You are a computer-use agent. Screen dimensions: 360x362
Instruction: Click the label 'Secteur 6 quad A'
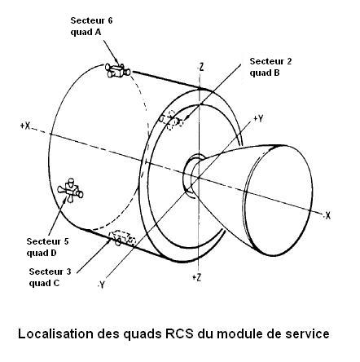click(91, 26)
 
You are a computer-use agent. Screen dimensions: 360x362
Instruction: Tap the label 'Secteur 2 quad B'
click(270, 67)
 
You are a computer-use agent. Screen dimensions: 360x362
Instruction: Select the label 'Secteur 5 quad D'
click(47, 247)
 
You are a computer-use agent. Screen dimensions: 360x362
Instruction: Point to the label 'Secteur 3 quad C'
click(50, 277)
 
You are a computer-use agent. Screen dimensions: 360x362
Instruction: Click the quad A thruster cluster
click(118, 70)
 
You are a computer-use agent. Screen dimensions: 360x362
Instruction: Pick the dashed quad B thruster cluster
click(171, 120)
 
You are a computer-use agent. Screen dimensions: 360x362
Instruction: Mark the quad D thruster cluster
click(70, 191)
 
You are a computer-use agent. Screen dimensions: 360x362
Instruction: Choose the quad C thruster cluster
click(122, 238)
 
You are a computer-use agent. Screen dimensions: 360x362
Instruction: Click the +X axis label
click(25, 126)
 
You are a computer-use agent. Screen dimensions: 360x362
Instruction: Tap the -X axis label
click(327, 215)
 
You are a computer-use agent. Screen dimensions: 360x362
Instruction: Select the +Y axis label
click(258, 119)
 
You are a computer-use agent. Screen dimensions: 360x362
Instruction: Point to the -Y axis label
click(101, 285)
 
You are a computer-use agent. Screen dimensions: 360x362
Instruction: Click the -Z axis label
click(200, 67)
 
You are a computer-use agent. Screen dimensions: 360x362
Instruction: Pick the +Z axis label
click(196, 277)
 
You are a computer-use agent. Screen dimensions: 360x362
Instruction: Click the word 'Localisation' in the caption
click(56, 333)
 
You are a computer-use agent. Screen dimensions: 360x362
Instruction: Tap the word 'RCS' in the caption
click(179, 333)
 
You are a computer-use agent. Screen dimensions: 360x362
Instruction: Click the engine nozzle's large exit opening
click(279, 201)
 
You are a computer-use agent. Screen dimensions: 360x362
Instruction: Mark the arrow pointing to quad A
click(111, 52)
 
